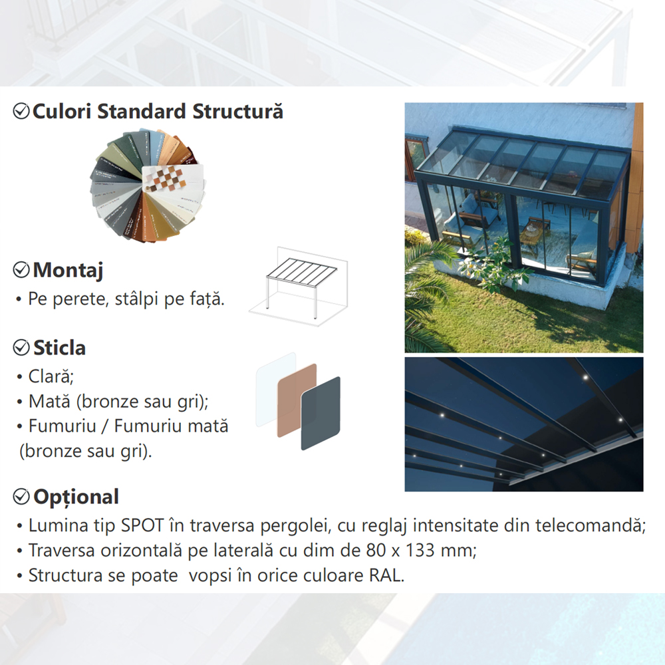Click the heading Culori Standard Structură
click(x=158, y=111)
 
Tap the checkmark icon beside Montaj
click(x=22, y=269)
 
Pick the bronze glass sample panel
click(x=297, y=399)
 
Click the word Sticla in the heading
click(x=59, y=348)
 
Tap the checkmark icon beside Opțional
click(x=22, y=496)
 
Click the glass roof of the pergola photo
click(x=525, y=163)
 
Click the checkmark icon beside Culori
click(x=22, y=111)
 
